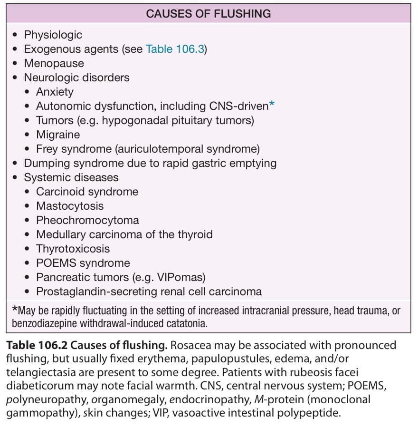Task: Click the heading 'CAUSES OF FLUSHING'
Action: (209, 14)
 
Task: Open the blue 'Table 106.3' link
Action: (175, 49)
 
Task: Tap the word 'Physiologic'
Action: (53, 35)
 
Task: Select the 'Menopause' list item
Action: (54, 63)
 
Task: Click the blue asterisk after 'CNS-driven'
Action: (272, 104)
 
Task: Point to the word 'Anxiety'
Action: (55, 92)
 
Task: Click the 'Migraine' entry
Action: (58, 135)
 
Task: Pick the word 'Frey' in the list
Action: (47, 149)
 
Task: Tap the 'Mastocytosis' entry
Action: (70, 206)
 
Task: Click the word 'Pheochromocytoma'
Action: (87, 220)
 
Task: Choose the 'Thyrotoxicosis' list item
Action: (73, 249)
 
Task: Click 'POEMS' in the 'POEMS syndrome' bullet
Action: (56, 263)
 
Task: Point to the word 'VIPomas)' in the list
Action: (181, 277)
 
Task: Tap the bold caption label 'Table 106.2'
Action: (37, 345)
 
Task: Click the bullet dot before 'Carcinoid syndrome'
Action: (27, 192)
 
